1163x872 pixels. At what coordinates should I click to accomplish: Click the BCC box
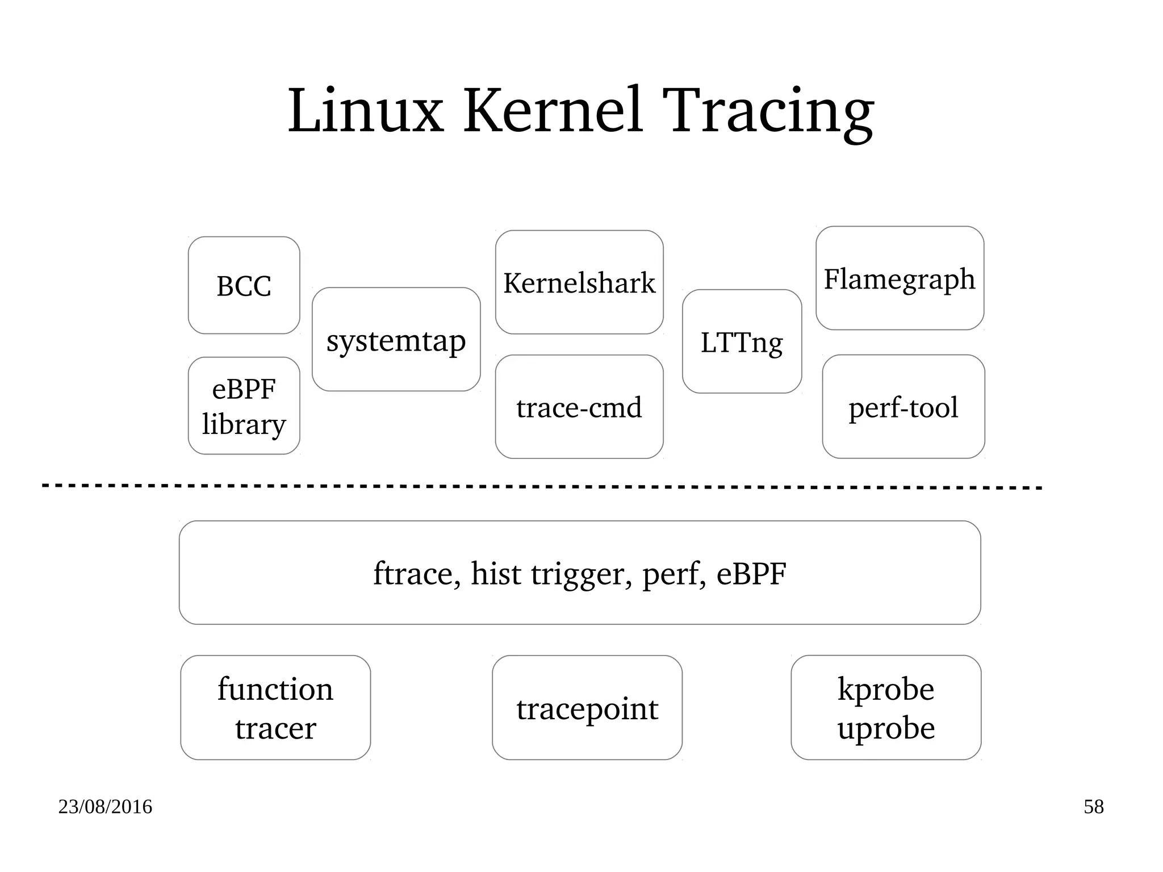pyautogui.click(x=244, y=285)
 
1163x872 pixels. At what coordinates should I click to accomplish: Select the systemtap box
pyautogui.click(x=396, y=340)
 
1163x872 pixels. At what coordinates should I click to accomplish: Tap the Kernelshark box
pyautogui.click(x=579, y=282)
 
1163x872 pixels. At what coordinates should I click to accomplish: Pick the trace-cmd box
pyautogui.click(x=579, y=407)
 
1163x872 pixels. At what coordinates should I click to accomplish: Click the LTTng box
pyautogui.click(x=742, y=341)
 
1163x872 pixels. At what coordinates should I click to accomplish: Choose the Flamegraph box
pyautogui.click(x=900, y=278)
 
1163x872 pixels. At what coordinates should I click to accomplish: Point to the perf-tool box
pyautogui.click(x=903, y=407)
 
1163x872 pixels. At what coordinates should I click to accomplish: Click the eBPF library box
pyautogui.click(x=244, y=406)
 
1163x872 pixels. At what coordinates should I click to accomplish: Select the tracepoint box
pyautogui.click(x=587, y=708)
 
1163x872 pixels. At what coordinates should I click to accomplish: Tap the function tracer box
pyautogui.click(x=275, y=708)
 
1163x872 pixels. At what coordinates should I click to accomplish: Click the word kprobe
pyautogui.click(x=885, y=689)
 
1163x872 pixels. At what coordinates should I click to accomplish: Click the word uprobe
pyautogui.click(x=886, y=728)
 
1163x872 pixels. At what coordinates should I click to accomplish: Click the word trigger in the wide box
pyautogui.click(x=581, y=574)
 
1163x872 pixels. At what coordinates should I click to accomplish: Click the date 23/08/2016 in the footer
pyautogui.click(x=105, y=807)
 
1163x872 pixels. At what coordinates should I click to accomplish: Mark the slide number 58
pyautogui.click(x=1093, y=807)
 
